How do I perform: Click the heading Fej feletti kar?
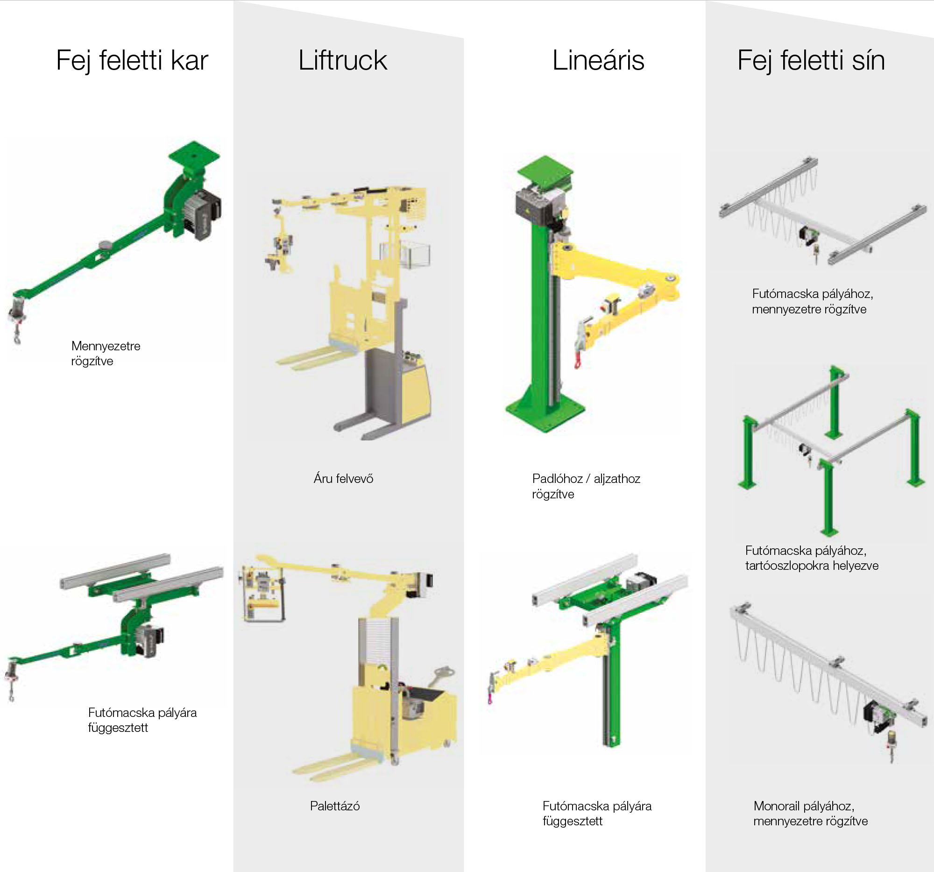point(132,61)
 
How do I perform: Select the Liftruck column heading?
point(342,61)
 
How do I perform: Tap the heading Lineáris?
point(598,61)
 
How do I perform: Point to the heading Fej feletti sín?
point(811,61)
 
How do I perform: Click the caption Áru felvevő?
point(343,479)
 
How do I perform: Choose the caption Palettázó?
point(334,806)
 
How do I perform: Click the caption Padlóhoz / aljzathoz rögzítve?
point(586,486)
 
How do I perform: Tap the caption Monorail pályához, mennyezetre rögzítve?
point(810,814)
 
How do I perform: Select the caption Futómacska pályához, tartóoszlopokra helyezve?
point(811,558)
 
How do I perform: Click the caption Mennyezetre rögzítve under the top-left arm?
point(105,353)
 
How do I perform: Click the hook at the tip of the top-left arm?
point(17,337)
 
